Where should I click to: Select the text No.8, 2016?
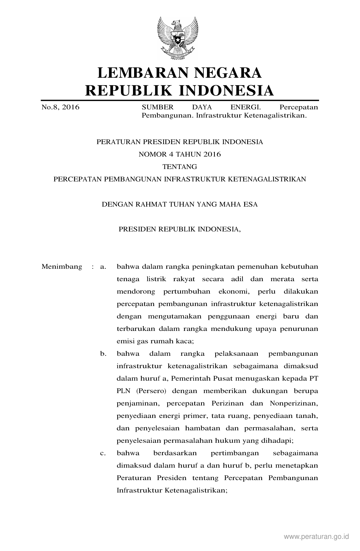tap(60, 107)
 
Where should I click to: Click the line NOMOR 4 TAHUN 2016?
tap(180, 154)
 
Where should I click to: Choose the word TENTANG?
tap(180, 167)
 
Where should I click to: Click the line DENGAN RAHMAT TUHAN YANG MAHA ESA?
tap(180, 204)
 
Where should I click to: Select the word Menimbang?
tap(62, 266)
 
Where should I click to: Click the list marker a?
tap(103, 266)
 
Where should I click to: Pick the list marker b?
tap(103, 353)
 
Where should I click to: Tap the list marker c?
tap(103, 453)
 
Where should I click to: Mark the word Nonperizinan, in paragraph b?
tap(294, 403)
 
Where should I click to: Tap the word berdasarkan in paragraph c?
tap(175, 453)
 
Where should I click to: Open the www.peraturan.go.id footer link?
tap(317, 537)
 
